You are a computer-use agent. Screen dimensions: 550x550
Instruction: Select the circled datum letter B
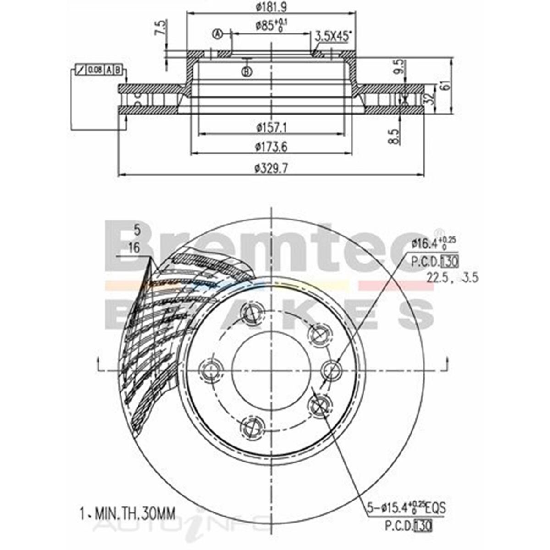pyautogui.click(x=247, y=71)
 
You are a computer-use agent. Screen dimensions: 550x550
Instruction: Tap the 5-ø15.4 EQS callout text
pyautogui.click(x=406, y=508)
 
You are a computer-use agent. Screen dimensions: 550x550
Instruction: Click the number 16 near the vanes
pyautogui.click(x=134, y=248)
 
